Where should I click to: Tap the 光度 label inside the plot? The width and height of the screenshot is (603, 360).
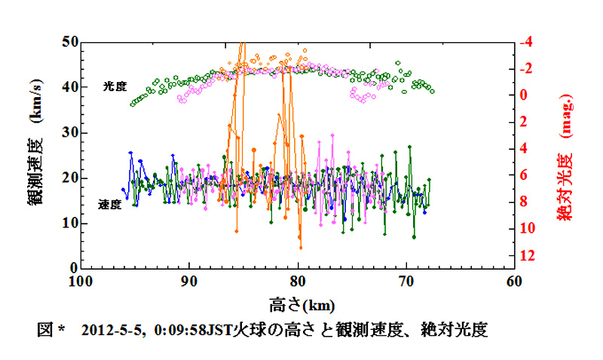(115, 87)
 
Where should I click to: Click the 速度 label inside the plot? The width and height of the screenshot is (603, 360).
(110, 204)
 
